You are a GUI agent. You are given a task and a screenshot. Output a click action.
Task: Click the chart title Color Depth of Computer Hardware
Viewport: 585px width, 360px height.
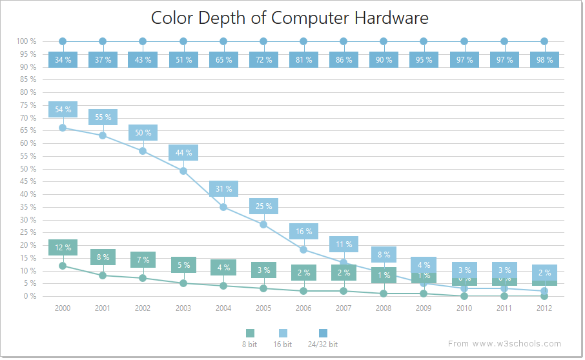point(289,17)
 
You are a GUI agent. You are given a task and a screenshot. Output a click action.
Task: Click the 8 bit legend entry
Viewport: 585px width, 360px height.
point(250,339)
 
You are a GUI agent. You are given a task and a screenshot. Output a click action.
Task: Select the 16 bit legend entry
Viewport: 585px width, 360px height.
point(283,339)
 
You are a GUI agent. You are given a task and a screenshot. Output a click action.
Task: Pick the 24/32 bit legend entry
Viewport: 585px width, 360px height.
point(323,339)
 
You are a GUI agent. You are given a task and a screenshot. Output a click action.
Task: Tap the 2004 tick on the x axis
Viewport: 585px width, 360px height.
point(223,308)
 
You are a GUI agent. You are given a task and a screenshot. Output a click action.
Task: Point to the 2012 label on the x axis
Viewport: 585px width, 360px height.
point(544,308)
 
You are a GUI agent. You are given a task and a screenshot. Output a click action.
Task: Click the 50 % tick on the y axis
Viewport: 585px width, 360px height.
point(27,169)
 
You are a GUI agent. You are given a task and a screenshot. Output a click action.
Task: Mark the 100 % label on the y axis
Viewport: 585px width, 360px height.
point(26,41)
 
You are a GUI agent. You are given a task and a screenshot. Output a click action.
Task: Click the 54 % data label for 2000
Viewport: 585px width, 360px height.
point(63,110)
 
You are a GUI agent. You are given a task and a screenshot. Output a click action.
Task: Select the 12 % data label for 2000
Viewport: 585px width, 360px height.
point(63,248)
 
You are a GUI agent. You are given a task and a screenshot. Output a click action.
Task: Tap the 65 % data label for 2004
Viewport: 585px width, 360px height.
point(223,60)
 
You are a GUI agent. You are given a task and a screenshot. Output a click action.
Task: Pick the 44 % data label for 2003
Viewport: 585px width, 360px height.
point(183,153)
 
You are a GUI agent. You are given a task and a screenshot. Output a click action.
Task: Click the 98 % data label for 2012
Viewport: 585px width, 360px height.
point(544,60)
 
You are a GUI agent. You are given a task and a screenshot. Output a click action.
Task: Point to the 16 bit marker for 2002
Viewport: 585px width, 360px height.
point(143,151)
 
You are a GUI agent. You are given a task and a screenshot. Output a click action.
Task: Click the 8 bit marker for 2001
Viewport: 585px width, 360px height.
point(103,275)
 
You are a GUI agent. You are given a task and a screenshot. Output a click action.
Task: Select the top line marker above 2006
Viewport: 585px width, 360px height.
point(303,41)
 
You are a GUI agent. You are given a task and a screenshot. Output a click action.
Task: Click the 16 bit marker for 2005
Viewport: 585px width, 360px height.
point(263,225)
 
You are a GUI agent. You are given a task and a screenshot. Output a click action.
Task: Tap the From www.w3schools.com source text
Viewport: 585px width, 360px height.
point(504,344)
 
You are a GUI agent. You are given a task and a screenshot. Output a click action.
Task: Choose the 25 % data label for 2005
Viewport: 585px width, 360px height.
point(263,206)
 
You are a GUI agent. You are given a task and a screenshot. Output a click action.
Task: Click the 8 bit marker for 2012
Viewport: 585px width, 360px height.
point(544,296)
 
